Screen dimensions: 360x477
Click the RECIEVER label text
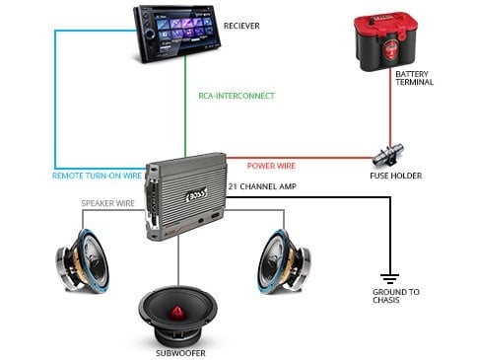click(x=242, y=25)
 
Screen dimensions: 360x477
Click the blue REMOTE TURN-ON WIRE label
click(x=98, y=176)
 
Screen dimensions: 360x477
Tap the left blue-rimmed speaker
click(x=88, y=258)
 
